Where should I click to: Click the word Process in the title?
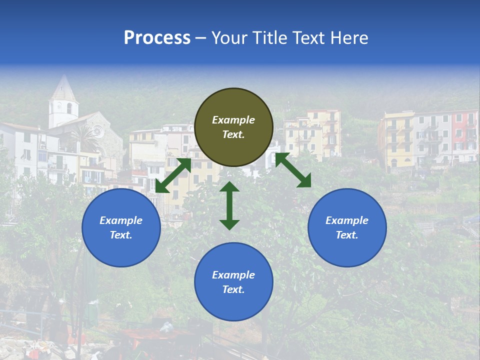(157, 38)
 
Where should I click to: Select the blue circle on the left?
(121, 227)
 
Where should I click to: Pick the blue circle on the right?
(347, 227)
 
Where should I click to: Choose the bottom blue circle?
(233, 281)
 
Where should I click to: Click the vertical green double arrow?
(229, 205)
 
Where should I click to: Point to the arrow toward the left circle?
(173, 175)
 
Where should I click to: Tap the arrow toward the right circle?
(293, 170)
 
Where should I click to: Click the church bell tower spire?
(63, 87)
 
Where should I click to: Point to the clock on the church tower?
(59, 106)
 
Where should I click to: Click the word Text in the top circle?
(233, 134)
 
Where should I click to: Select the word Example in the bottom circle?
(233, 275)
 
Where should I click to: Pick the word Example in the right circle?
(347, 220)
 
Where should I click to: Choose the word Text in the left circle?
(121, 235)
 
